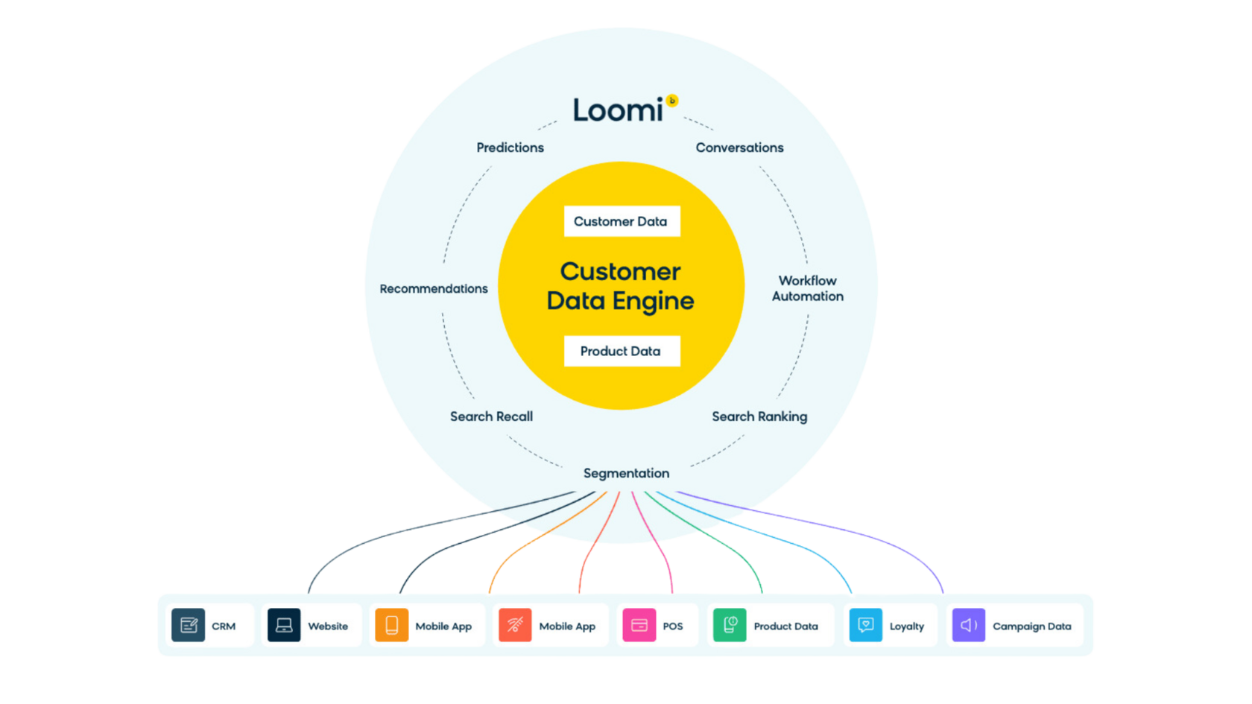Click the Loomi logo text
(617, 110)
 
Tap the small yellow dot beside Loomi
(672, 101)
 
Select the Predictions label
(510, 148)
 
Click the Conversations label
(739, 148)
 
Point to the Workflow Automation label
(808, 288)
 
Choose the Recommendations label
(434, 288)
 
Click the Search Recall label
(491, 416)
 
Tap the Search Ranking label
(759, 416)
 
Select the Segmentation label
(626, 473)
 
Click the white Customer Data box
(622, 221)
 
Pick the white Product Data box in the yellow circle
(622, 351)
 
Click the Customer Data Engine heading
(621, 286)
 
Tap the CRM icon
(189, 625)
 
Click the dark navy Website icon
(284, 625)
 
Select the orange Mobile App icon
(391, 625)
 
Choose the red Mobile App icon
(515, 625)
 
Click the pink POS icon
(639, 625)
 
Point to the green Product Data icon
(730, 625)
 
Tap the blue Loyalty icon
(866, 625)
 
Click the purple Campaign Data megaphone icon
(969, 625)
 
